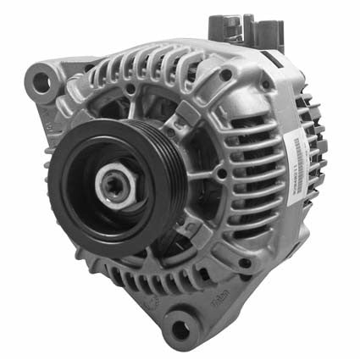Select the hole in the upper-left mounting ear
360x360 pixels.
39,82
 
